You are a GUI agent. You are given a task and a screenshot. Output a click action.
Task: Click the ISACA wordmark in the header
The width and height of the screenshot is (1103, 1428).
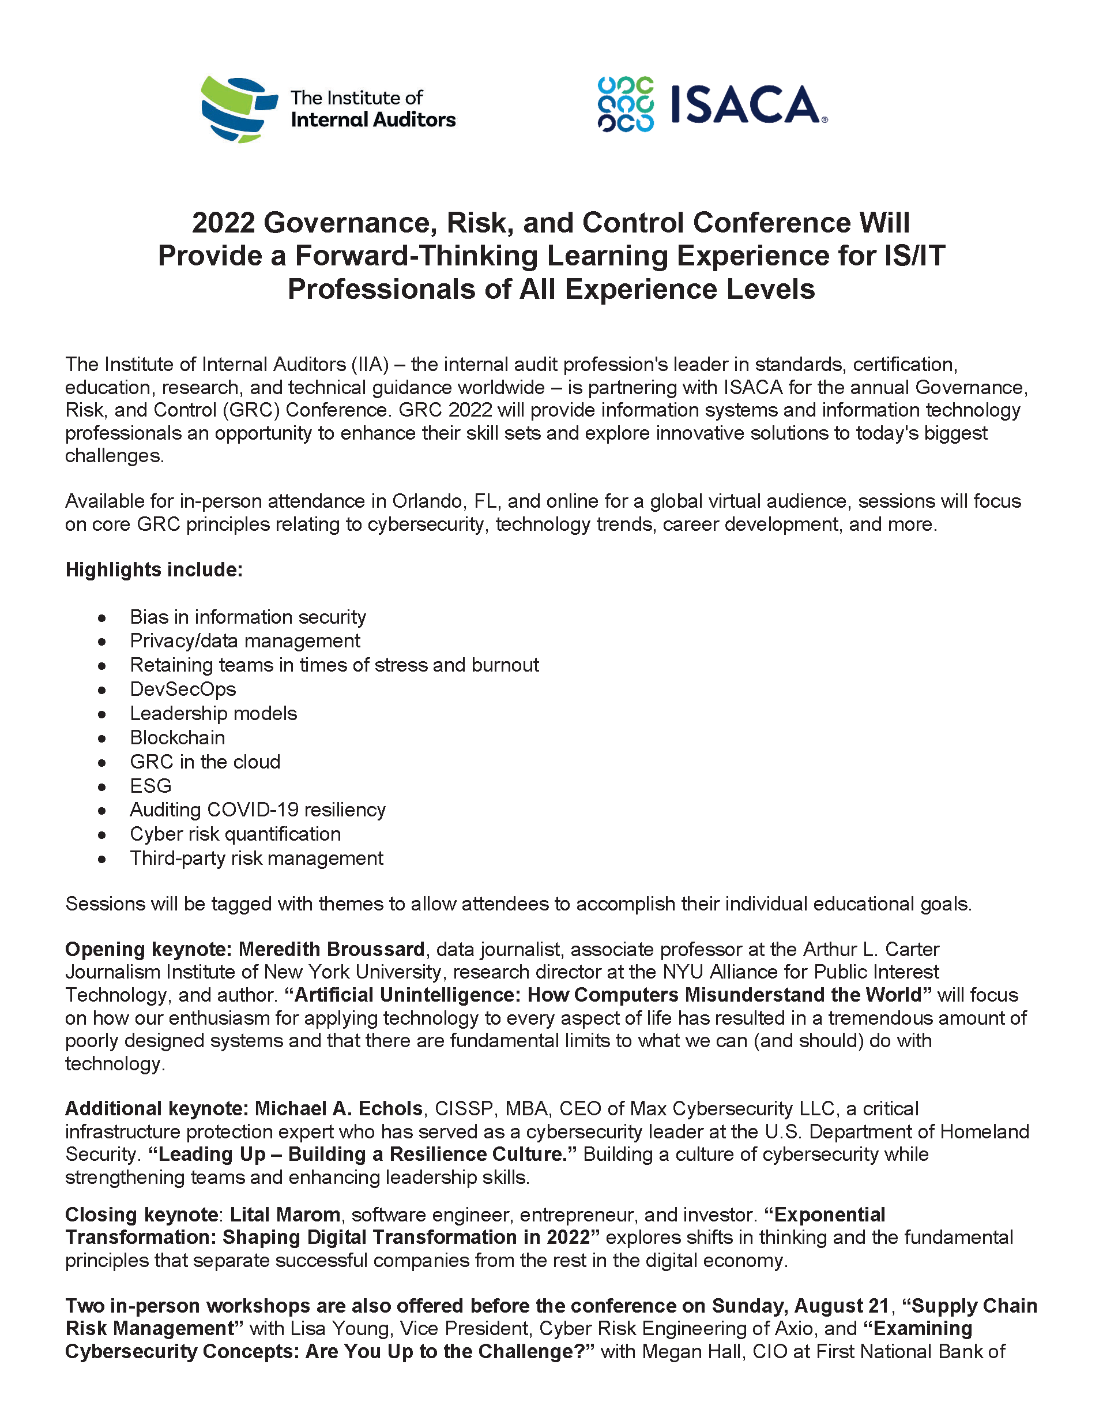(747, 105)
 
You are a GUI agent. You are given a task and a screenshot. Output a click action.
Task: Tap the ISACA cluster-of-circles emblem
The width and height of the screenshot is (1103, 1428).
(626, 104)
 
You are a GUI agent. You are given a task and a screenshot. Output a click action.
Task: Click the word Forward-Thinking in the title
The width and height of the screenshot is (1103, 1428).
(416, 256)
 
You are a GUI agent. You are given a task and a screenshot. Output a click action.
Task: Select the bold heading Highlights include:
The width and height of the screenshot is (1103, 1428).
(154, 569)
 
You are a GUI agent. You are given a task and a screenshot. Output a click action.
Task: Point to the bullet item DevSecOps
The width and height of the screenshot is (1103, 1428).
(183, 689)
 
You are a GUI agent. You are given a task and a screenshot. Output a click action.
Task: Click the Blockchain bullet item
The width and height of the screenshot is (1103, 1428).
(177, 737)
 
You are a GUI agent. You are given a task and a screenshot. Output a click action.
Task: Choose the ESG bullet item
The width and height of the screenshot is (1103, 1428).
(150, 786)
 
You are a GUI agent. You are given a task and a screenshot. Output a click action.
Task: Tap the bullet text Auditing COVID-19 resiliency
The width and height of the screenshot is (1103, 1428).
(258, 810)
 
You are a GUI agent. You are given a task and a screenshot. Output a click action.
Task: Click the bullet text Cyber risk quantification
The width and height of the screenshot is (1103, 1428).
(235, 834)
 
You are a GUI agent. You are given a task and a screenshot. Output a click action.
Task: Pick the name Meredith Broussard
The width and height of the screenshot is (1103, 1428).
(332, 949)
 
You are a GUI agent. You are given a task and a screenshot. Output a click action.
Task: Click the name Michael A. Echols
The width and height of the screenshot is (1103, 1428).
(338, 1109)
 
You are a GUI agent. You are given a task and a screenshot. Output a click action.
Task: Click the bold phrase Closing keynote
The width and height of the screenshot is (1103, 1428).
(141, 1215)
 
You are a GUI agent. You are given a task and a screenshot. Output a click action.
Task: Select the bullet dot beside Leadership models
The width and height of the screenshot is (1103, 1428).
(102, 715)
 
